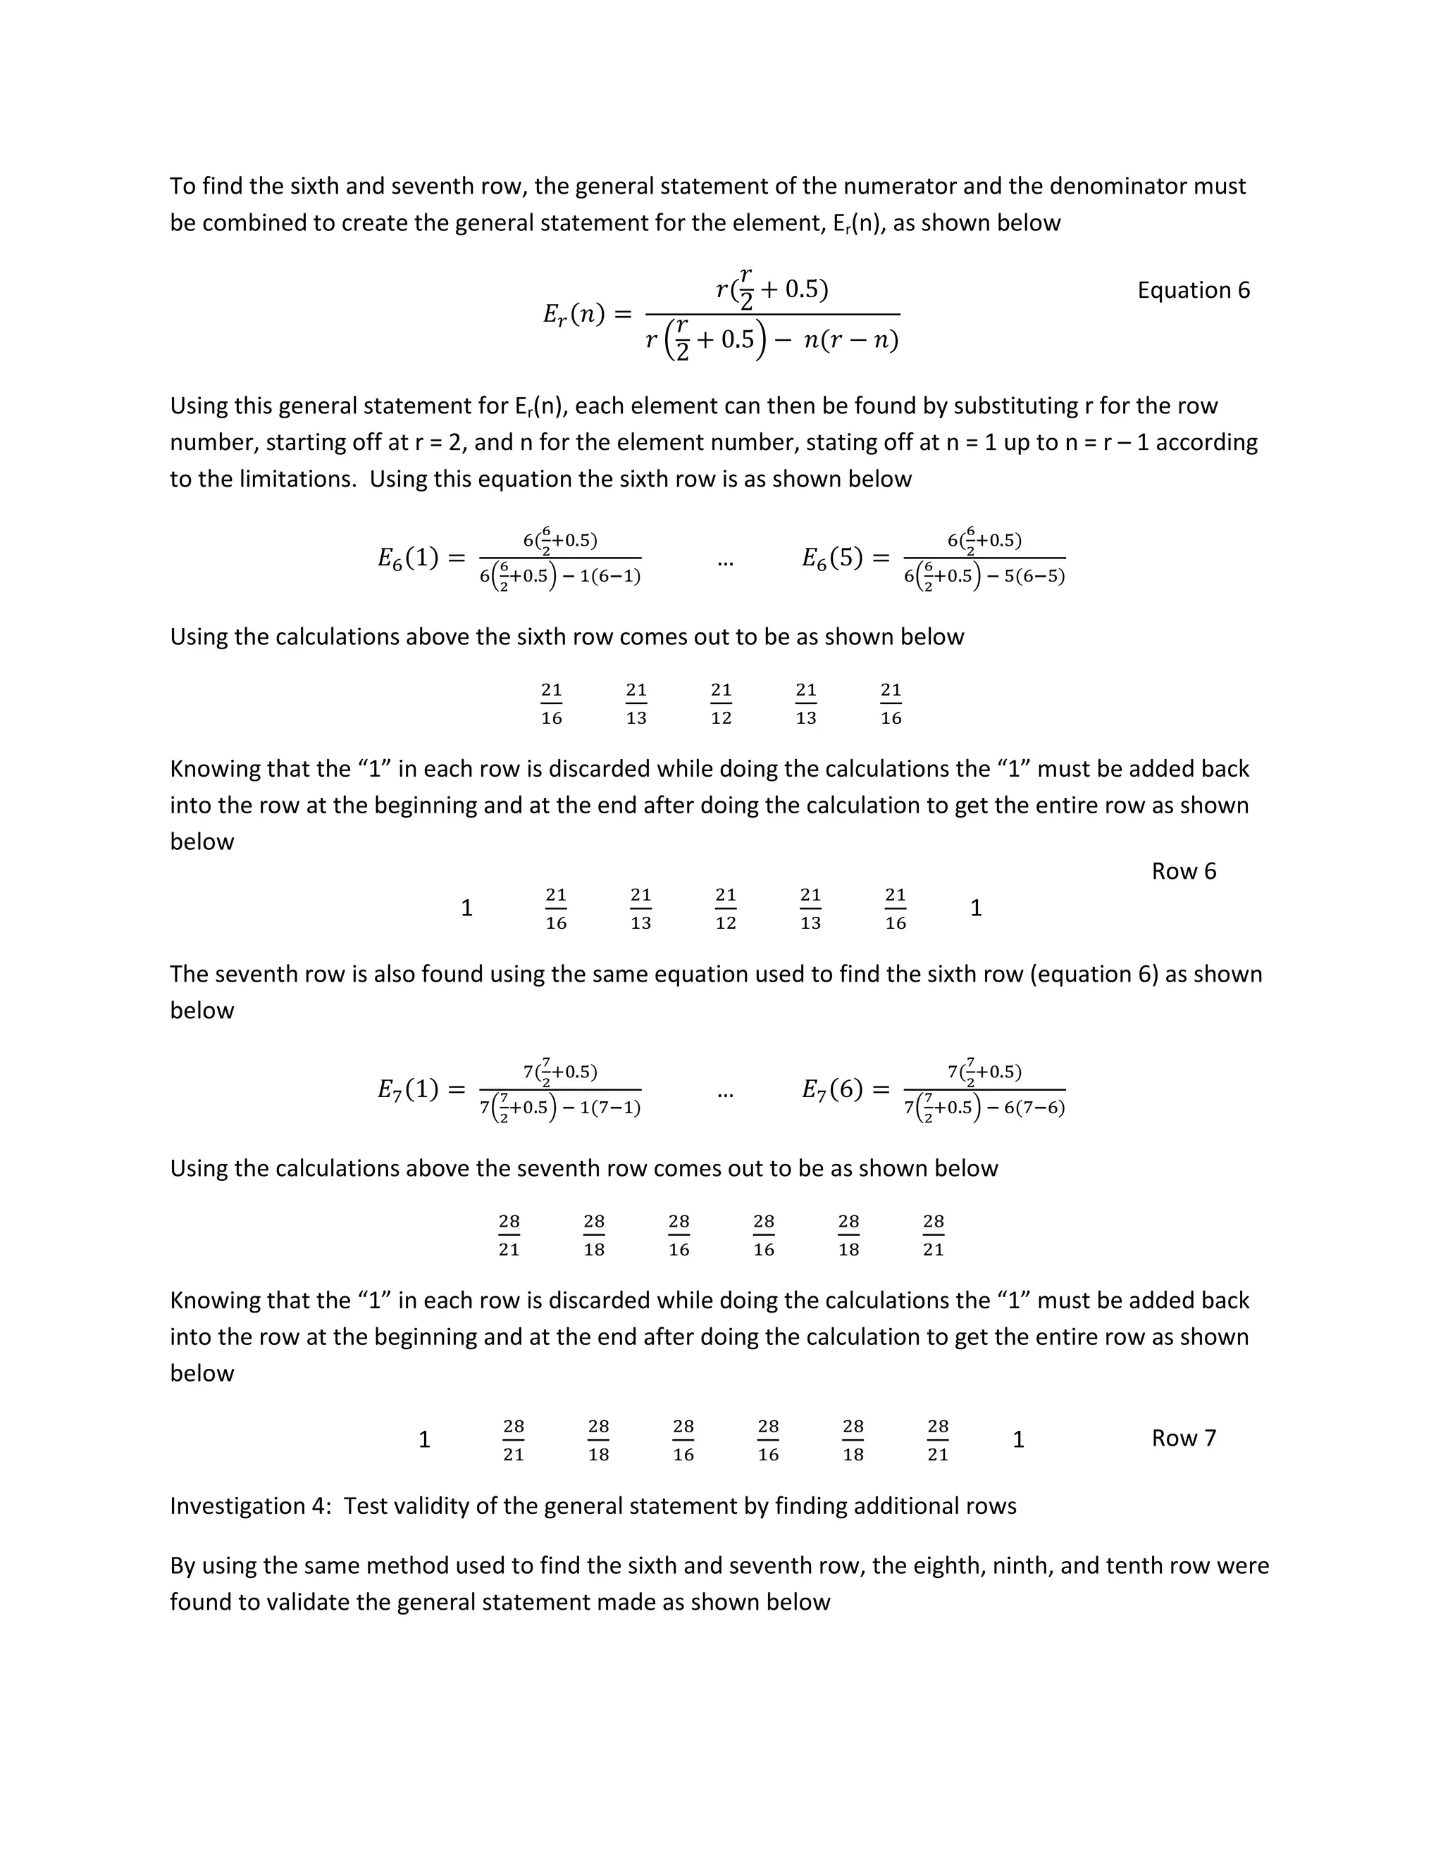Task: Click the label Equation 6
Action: point(1193,291)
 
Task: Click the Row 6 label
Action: point(1183,872)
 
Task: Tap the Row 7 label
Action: point(1183,1438)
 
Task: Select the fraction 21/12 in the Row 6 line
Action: point(726,908)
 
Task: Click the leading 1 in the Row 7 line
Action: point(424,1440)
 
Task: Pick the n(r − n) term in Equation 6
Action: point(850,341)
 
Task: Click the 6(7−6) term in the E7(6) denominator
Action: point(1034,1108)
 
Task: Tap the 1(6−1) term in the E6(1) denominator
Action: point(609,577)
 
